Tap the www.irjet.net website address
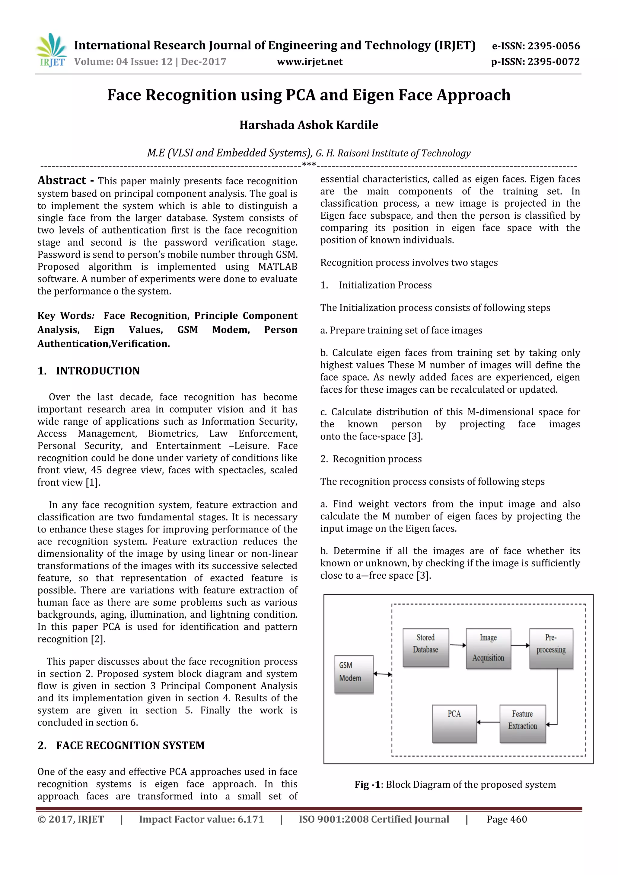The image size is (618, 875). coord(310,62)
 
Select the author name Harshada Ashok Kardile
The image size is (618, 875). coord(309,125)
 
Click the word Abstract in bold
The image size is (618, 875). coord(62,180)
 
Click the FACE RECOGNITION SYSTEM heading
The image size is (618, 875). coord(130,745)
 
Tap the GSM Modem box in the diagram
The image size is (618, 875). coord(354,674)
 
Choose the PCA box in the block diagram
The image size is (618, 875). coord(454,723)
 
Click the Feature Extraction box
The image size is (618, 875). coord(522,723)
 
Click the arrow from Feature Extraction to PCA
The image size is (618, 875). coord(488,722)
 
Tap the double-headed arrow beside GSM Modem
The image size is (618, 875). coord(383,674)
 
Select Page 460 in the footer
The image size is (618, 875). coord(506,819)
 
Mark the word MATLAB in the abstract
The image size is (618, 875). coord(278,267)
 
